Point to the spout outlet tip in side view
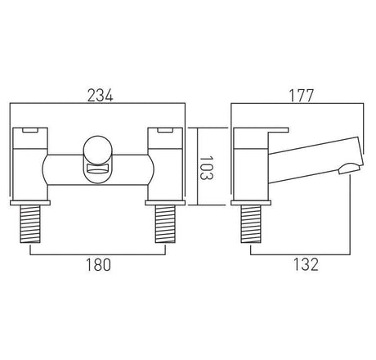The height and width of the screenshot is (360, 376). (x=345, y=169)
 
